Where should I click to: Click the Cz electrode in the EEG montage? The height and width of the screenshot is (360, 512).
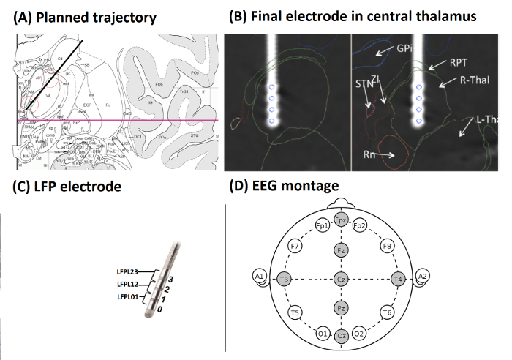pyautogui.click(x=340, y=279)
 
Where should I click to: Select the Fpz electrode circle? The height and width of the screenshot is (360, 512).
pyautogui.click(x=340, y=220)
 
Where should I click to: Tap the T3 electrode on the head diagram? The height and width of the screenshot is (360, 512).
pyautogui.click(x=283, y=279)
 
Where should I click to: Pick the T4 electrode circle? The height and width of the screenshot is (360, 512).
pyautogui.click(x=398, y=279)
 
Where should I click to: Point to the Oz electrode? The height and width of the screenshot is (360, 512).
pyautogui.click(x=340, y=337)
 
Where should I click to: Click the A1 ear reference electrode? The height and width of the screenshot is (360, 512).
pyautogui.click(x=258, y=276)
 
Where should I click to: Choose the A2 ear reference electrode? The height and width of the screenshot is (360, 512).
pyautogui.click(x=422, y=276)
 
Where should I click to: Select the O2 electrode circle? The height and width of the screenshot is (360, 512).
pyautogui.click(x=359, y=334)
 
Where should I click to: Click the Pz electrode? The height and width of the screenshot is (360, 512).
pyautogui.click(x=340, y=309)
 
